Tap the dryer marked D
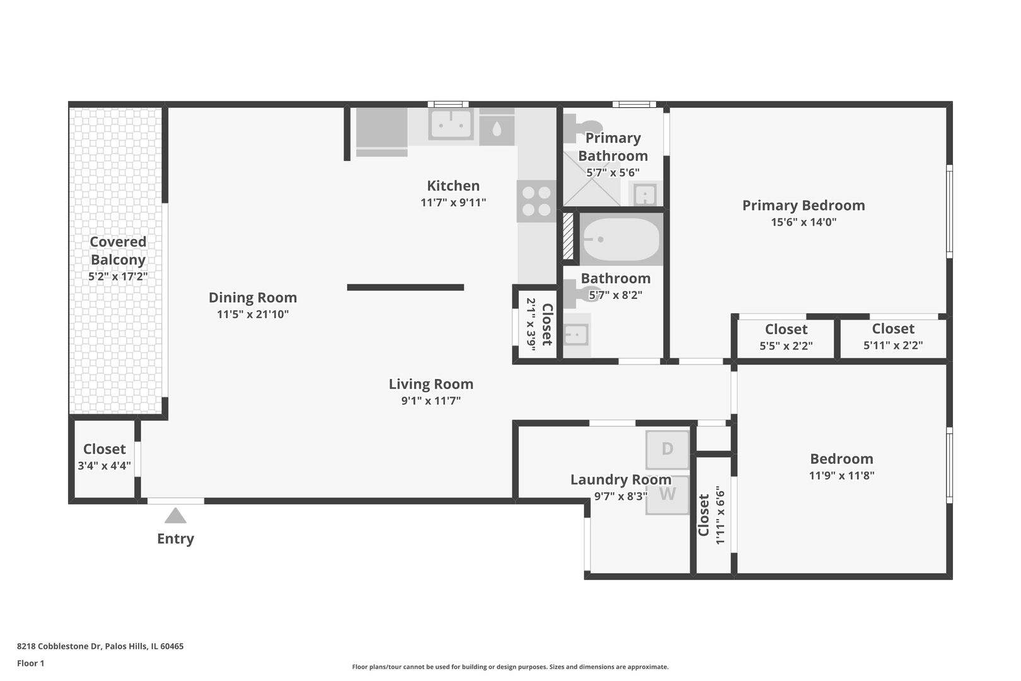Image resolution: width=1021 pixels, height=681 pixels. tap(667, 450)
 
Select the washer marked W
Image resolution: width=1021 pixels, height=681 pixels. tap(667, 495)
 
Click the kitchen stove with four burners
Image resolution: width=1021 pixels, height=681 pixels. tap(536, 201)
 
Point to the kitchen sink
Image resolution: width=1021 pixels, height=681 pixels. tap(451, 124)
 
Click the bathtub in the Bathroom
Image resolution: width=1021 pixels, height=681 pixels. tap(621, 239)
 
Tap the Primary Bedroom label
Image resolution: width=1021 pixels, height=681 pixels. tap(804, 206)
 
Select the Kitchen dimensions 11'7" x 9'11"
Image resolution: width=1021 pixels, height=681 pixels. tap(453, 202)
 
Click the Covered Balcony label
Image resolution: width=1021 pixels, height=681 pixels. tap(118, 250)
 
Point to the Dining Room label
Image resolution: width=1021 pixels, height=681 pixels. tap(253, 298)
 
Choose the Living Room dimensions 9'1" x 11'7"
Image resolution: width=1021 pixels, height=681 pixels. tap(431, 401)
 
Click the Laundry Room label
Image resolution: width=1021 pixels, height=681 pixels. tap(621, 479)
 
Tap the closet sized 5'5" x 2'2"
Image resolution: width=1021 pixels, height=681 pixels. tap(786, 337)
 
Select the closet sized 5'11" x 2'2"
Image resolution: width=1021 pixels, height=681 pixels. tap(894, 337)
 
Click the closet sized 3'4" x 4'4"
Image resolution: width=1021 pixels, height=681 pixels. tap(105, 458)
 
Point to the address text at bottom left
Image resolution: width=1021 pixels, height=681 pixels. tap(100, 646)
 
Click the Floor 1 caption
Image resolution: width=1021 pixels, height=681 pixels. tap(30, 663)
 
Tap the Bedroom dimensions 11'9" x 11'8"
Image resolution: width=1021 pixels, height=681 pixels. tap(841, 475)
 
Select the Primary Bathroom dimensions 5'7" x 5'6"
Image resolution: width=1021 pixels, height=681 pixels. tap(613, 173)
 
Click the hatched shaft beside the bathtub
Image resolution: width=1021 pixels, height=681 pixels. tap(568, 236)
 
